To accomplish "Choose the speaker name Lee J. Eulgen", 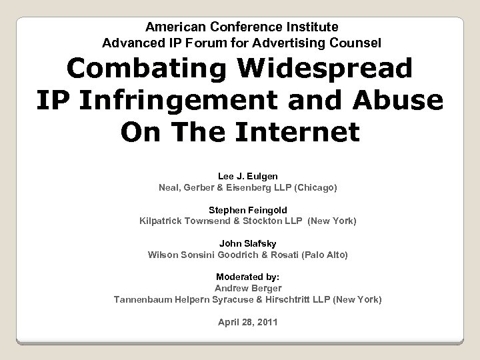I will point(249,176).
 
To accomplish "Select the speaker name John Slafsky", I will point(249,243).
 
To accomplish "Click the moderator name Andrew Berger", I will point(249,288).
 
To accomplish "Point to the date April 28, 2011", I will point(249,322).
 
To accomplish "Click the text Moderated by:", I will point(249,277).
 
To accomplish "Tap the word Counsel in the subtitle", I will point(359,43).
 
